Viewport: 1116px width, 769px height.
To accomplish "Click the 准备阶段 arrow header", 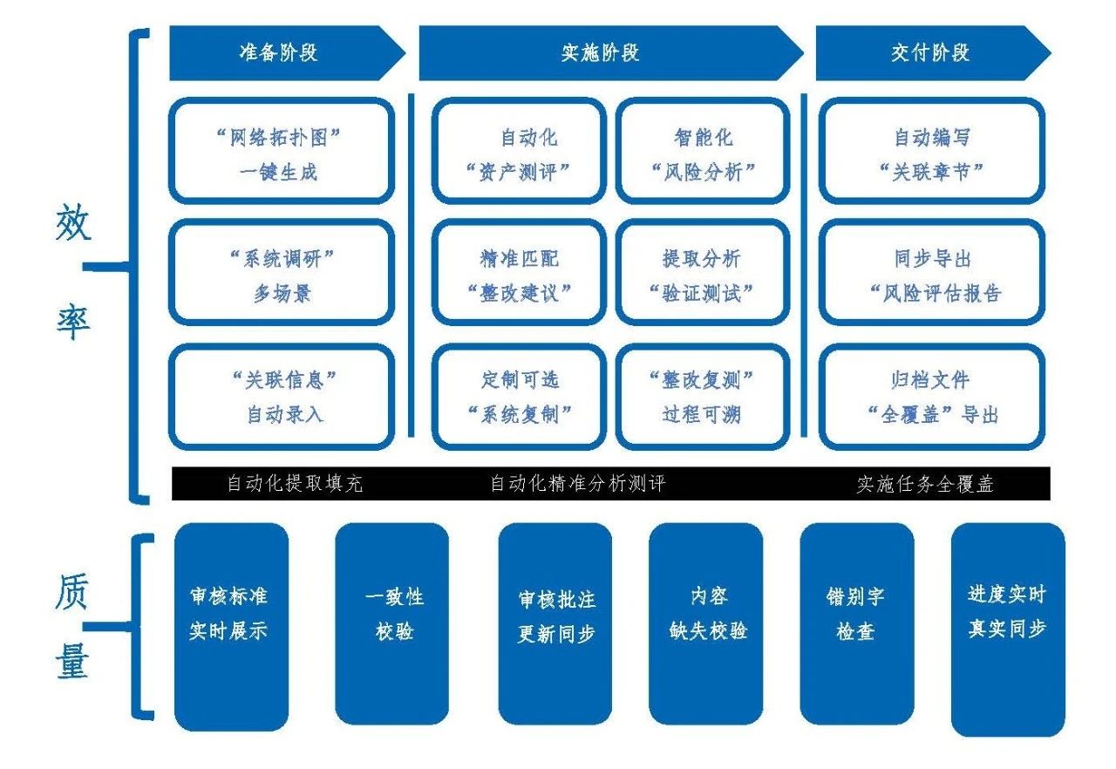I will click(x=279, y=53).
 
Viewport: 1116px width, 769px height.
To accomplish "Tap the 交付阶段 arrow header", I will click(x=929, y=53).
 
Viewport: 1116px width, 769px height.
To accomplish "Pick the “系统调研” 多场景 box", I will click(x=281, y=274).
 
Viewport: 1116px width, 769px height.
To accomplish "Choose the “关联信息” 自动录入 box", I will click(x=281, y=396).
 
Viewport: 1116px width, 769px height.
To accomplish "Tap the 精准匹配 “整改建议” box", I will click(x=519, y=274).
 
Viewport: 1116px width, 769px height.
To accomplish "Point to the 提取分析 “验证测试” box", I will click(x=703, y=274).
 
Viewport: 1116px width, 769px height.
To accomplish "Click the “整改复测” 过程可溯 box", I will click(x=703, y=396).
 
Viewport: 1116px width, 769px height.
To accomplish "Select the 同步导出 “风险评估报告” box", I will click(x=932, y=274).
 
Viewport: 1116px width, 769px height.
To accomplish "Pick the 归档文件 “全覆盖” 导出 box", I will click(x=932, y=396).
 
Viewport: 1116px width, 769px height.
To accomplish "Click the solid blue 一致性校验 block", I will click(x=392, y=623).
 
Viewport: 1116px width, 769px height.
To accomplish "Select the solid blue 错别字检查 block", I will click(x=856, y=623).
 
